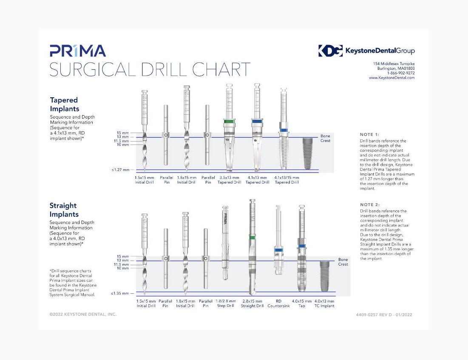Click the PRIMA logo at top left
tap(77, 51)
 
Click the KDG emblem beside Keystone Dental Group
tap(330, 51)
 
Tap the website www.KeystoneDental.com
tap(391, 78)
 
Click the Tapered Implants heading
tap(64, 105)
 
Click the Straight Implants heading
tap(64, 210)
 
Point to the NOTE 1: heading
tap(369, 134)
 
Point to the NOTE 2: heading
tap(369, 204)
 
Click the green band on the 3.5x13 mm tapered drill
tap(229, 122)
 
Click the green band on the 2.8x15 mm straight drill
tap(252, 237)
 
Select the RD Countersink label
tap(278, 303)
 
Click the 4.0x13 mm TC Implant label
tap(324, 303)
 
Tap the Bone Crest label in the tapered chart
tap(325, 138)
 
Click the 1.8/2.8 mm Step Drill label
tap(226, 303)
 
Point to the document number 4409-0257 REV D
tap(384, 315)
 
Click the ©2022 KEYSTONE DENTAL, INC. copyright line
tap(83, 315)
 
